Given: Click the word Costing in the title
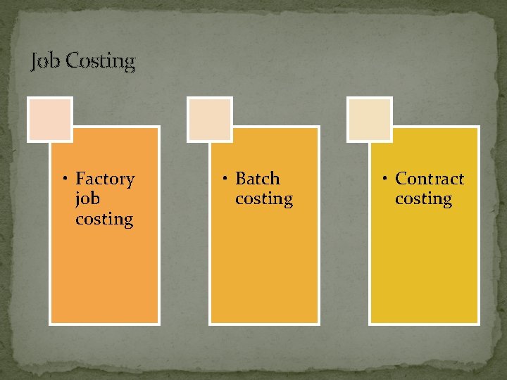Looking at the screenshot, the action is click(x=100, y=61).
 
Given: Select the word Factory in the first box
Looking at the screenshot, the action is click(x=105, y=179).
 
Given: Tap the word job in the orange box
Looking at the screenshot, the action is click(x=87, y=199).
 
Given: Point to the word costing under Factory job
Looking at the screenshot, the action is click(x=104, y=219).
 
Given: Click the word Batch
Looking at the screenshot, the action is click(x=258, y=179).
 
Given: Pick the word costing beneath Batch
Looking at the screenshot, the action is click(x=264, y=199).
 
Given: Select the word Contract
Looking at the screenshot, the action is click(x=430, y=179).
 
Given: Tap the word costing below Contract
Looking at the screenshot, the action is click(x=423, y=199).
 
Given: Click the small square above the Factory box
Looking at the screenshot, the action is click(x=50, y=119).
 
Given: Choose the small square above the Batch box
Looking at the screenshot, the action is click(x=210, y=119).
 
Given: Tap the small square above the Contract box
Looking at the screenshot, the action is click(x=370, y=119).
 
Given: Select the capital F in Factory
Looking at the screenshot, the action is click(x=81, y=179).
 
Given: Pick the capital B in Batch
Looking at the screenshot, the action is click(x=241, y=179).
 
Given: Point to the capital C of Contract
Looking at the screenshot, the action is click(x=401, y=179).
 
